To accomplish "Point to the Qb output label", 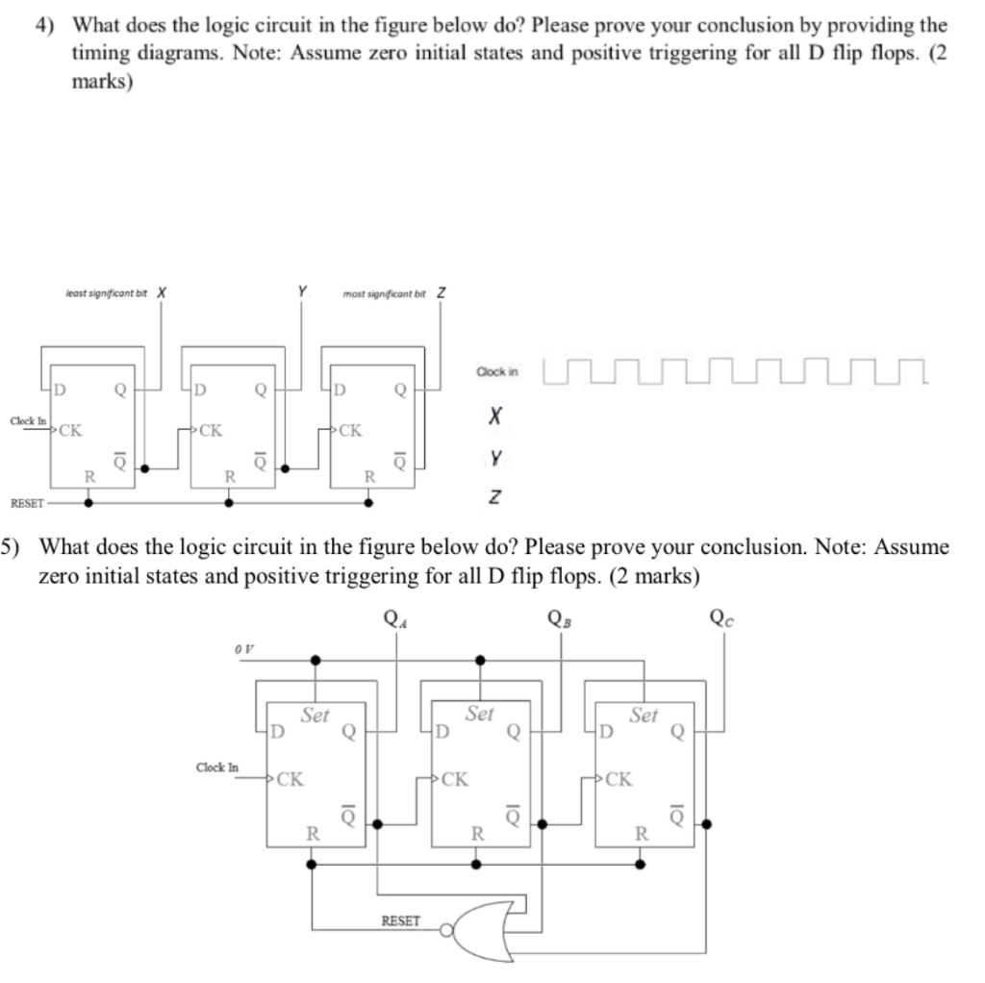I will [558, 616].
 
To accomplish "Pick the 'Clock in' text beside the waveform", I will [496, 371].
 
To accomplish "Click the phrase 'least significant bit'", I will [106, 293].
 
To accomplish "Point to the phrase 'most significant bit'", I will [384, 293].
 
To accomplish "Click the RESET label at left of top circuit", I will [27, 502].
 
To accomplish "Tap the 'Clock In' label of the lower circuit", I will [216, 768].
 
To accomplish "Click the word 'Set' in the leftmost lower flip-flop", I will [316, 715].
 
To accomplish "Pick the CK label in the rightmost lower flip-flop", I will [619, 779].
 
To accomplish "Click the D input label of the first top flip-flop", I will [59, 390].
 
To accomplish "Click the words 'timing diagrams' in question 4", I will [132, 53].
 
